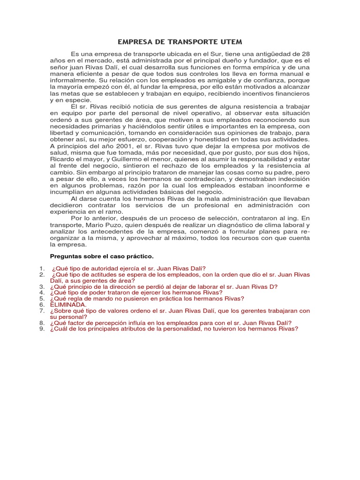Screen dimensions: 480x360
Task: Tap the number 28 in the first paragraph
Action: click(305, 54)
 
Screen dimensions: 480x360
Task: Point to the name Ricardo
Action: click(64, 159)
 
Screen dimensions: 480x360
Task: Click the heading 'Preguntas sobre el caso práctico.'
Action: click(102, 256)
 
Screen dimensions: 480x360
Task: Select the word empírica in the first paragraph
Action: click(253, 67)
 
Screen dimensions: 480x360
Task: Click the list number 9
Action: click(42, 329)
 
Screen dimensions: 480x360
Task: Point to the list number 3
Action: click(42, 286)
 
